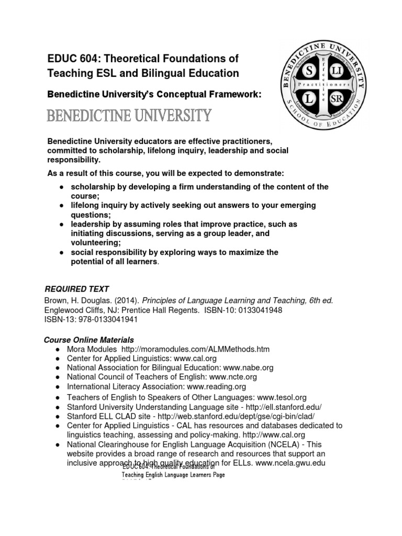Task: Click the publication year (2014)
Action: (127, 300)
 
